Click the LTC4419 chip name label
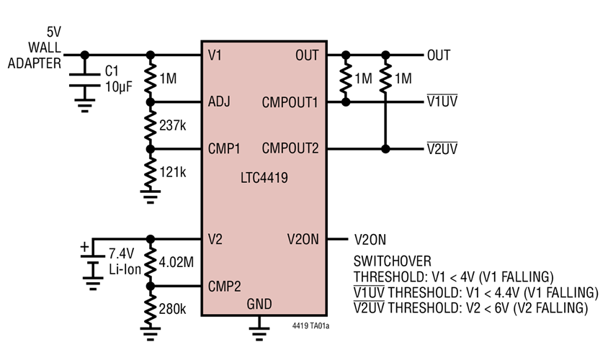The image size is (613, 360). (264, 178)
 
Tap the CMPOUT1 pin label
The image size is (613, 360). (290, 102)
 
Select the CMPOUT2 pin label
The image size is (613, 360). (290, 148)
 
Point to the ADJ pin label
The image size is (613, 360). (219, 102)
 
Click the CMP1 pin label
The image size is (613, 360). (224, 149)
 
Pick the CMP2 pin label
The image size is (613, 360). (225, 287)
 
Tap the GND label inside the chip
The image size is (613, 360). (259, 304)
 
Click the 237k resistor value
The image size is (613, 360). (172, 125)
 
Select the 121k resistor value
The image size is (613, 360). (172, 172)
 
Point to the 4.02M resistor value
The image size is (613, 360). (176, 262)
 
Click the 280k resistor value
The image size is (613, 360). (172, 309)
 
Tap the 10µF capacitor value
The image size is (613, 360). (118, 87)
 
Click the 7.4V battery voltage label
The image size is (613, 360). (121, 253)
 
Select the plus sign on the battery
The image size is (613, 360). (84, 247)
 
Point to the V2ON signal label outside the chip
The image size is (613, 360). (370, 240)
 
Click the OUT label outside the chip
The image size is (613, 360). (439, 55)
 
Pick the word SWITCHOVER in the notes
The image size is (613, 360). (393, 261)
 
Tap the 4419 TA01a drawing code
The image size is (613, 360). (310, 325)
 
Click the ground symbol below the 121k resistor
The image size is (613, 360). (151, 197)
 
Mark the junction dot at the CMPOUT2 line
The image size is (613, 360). (385, 149)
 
